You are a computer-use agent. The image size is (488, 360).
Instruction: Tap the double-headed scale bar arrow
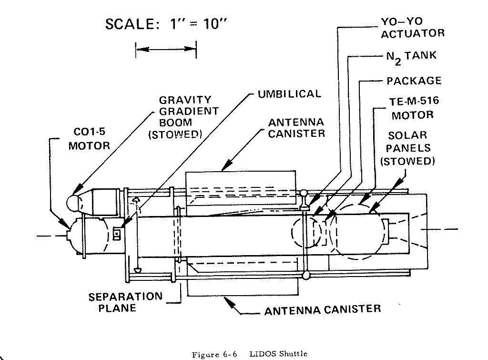click(x=166, y=48)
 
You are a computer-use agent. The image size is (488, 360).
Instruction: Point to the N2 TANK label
click(x=411, y=56)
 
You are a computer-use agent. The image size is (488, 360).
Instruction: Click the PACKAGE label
click(x=414, y=81)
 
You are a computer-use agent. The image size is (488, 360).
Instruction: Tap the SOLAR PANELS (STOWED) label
click(x=407, y=148)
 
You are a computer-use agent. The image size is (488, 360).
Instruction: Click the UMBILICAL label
click(x=289, y=93)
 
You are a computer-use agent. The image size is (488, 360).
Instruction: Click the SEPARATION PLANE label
click(x=125, y=302)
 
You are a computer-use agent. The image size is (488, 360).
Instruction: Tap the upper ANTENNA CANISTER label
click(x=296, y=127)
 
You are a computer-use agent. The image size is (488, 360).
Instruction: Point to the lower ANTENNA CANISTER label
click(x=323, y=309)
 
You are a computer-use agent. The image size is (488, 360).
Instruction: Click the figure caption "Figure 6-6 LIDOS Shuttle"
click(x=249, y=354)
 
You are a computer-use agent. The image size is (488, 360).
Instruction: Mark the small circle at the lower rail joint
click(x=306, y=275)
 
